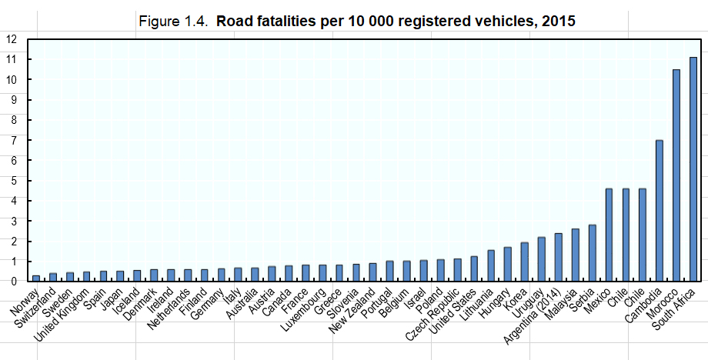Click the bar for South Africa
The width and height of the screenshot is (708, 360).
pos(693,169)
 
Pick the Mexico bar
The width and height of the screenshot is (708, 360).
pos(609,235)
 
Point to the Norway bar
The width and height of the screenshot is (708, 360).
pos(36,278)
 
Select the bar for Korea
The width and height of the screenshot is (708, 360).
pos(524,262)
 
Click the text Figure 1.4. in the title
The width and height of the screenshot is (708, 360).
pos(173,21)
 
